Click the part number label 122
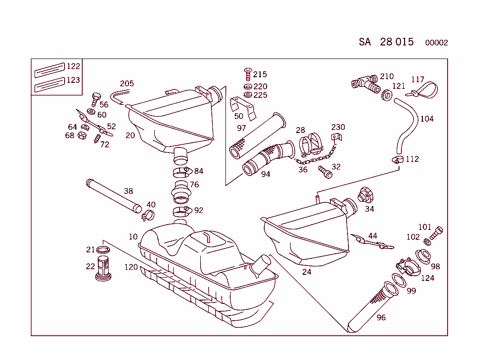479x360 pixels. pyautogui.click(x=73, y=66)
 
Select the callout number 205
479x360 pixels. pyautogui.click(x=127, y=84)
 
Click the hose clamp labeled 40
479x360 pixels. pyautogui.click(x=148, y=215)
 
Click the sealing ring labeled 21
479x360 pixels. pyautogui.click(x=103, y=249)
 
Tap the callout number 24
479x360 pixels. pyautogui.click(x=306, y=272)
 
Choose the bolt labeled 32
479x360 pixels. pyautogui.click(x=325, y=172)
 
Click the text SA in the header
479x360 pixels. pyautogui.click(x=365, y=42)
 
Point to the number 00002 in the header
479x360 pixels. pyautogui.click(x=436, y=43)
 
